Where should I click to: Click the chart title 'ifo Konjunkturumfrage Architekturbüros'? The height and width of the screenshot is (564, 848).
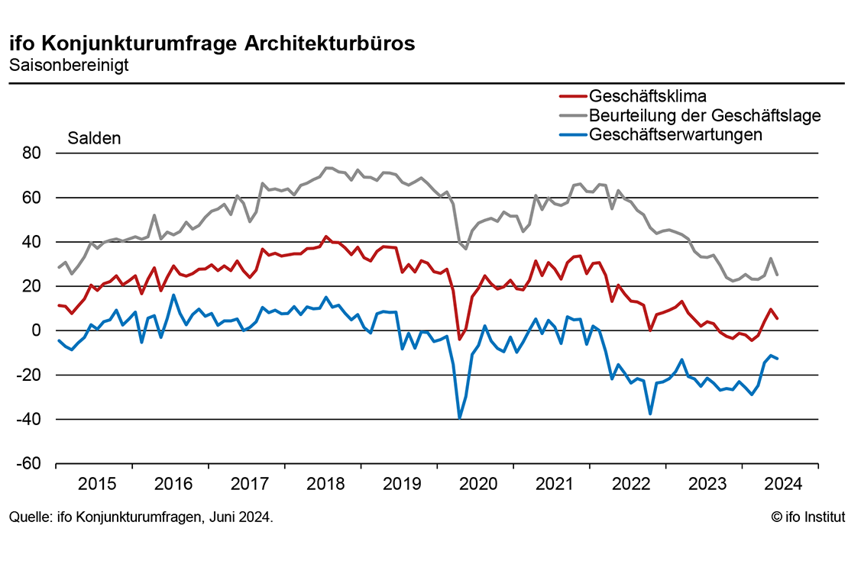pos(212,44)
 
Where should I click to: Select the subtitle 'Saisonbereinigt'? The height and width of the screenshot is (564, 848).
pos(69,65)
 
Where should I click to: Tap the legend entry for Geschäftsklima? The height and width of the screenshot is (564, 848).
pos(647,96)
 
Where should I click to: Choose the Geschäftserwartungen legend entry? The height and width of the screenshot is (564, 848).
pos(675,134)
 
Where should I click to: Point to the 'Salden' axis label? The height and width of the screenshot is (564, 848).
pos(94,139)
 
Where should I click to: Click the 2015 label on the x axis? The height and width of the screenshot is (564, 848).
pos(97,484)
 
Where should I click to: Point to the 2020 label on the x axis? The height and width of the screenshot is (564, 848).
pos(477,484)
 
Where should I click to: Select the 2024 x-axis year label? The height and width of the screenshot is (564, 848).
pos(782,484)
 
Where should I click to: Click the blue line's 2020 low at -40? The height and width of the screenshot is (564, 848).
pos(460,417)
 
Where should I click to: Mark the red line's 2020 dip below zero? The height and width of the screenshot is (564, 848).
pos(460,338)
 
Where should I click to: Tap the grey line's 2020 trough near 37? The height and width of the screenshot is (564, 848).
pos(465,249)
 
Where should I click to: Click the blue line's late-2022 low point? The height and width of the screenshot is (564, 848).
pos(650,414)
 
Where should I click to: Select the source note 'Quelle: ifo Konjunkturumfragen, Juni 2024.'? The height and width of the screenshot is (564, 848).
pos(141,517)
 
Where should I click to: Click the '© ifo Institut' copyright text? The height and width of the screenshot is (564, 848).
pos(808,517)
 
